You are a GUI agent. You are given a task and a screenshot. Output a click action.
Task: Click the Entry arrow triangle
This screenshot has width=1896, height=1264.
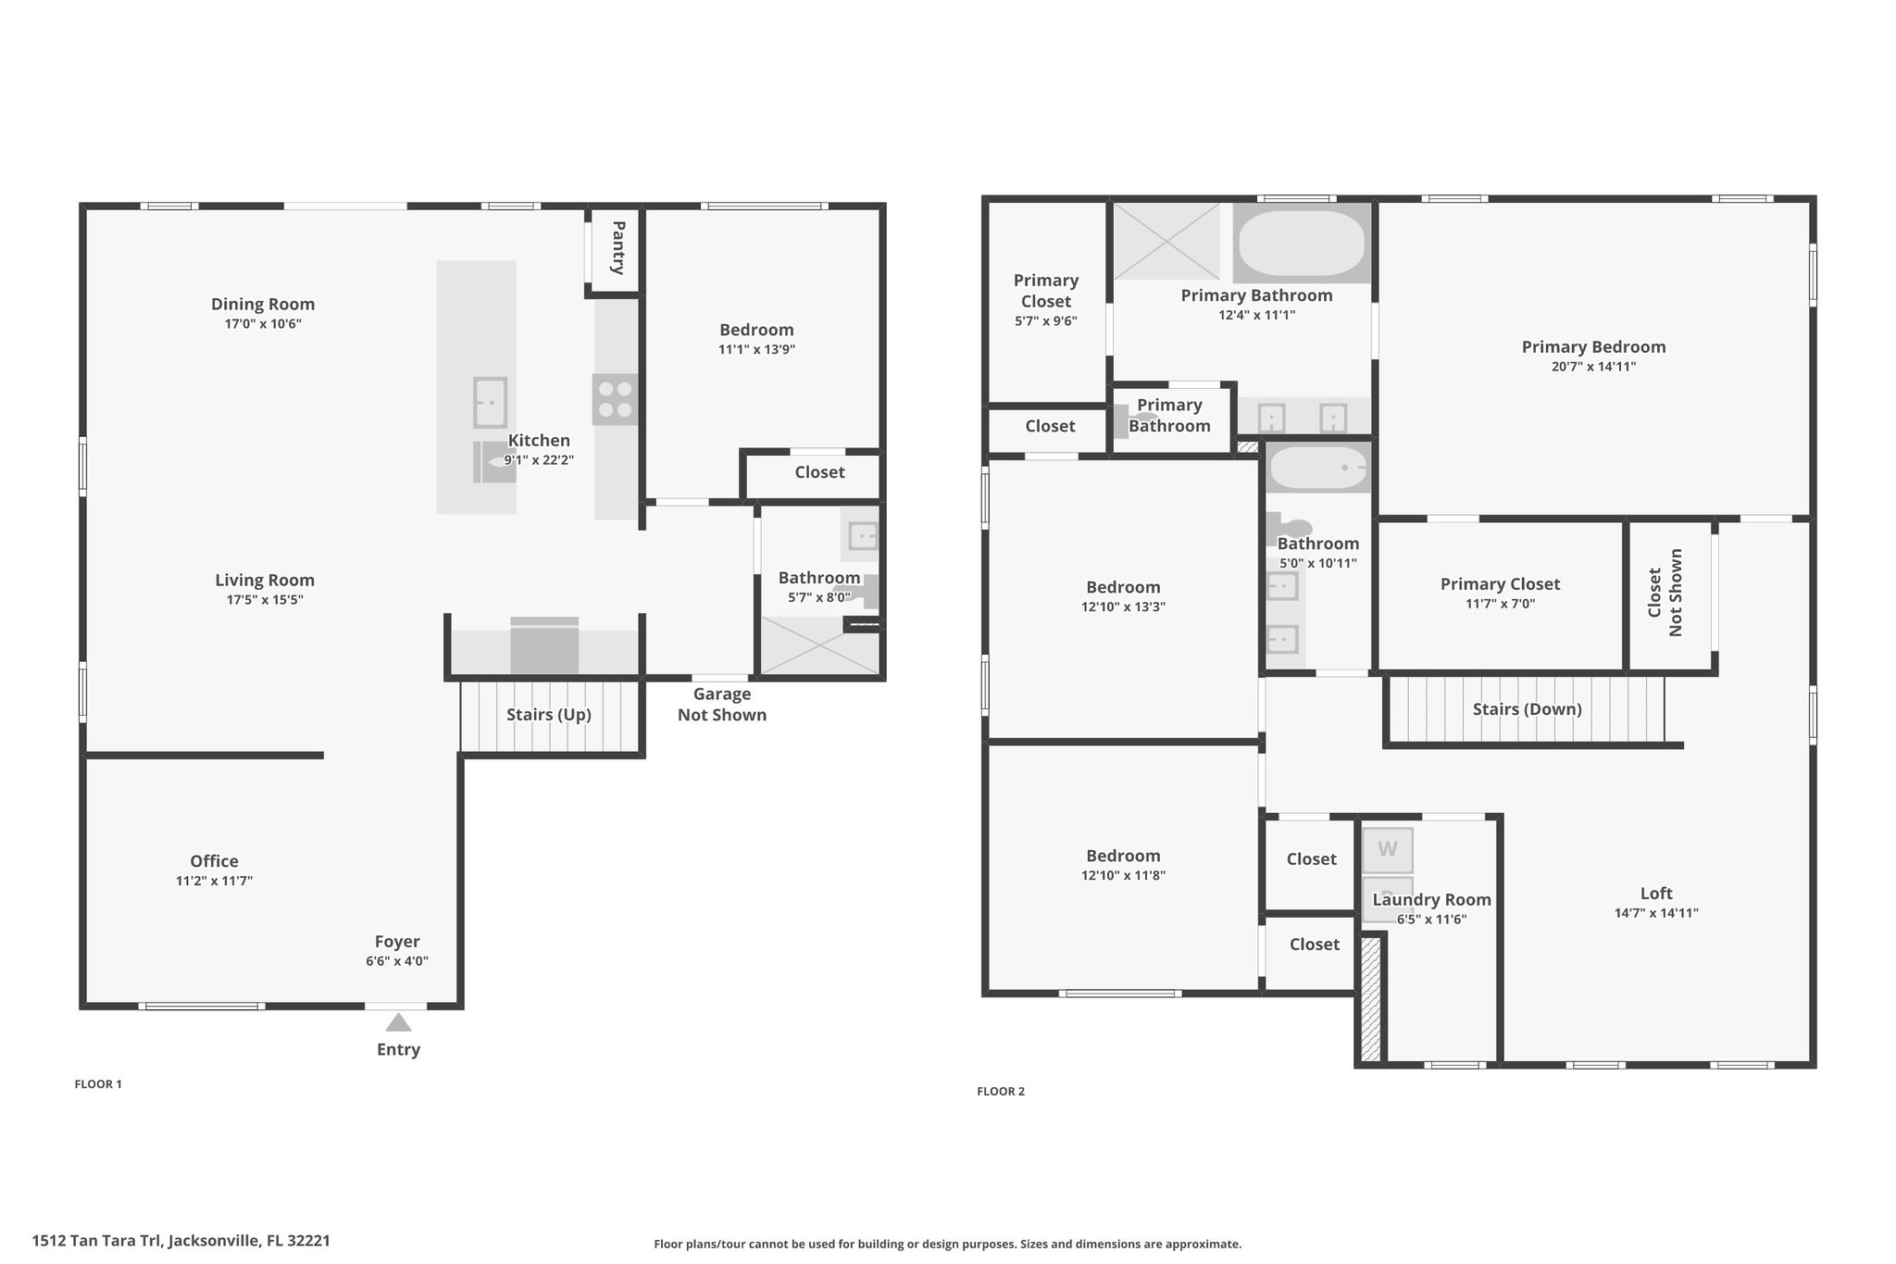point(398,1022)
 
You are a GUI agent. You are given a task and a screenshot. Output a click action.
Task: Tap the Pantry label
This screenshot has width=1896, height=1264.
point(617,247)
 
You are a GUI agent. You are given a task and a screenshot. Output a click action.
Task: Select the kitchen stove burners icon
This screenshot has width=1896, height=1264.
point(616,399)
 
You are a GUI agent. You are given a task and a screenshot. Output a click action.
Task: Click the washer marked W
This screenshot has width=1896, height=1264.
point(1388,849)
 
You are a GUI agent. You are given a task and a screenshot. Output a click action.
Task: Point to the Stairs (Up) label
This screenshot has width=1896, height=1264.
point(549,714)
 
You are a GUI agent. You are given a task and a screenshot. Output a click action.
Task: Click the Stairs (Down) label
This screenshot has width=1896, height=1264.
point(1528,709)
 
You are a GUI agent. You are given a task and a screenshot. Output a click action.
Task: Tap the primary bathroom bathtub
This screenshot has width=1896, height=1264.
point(1302,243)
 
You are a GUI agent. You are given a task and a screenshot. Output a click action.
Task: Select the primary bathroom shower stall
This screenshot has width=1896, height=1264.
point(1166,241)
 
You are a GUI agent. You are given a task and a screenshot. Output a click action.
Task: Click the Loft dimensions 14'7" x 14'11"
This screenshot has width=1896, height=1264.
point(1656,913)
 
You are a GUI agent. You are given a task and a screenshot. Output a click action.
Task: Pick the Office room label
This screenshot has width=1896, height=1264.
point(215,861)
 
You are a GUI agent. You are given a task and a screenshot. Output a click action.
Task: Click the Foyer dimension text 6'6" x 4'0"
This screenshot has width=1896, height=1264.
point(397,961)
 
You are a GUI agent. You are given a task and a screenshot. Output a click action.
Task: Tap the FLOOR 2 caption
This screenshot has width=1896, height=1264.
point(1001,1091)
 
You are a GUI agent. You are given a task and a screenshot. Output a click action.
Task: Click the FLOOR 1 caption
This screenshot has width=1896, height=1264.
point(98,1083)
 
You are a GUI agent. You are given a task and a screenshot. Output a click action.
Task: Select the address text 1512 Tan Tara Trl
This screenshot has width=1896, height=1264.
point(96,1240)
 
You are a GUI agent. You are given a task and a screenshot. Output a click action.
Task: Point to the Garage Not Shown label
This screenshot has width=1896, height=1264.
point(722,704)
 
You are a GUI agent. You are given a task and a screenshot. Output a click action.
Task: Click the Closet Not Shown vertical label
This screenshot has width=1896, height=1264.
point(1665,593)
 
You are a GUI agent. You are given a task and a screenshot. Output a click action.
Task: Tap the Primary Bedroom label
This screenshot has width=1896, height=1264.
point(1593,347)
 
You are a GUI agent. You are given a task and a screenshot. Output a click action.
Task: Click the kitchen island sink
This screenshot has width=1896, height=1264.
point(490,402)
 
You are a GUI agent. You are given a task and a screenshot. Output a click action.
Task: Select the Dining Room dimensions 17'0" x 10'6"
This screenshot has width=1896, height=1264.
point(263,324)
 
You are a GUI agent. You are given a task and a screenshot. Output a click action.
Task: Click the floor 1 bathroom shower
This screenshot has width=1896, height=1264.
point(819,645)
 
